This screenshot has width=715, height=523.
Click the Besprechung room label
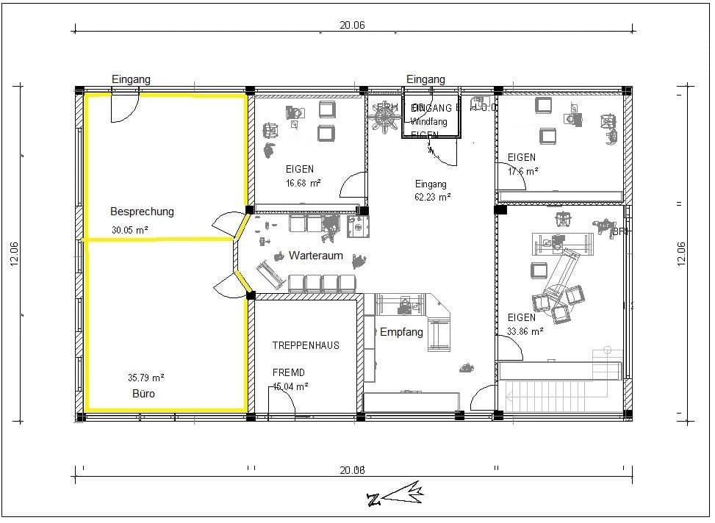coord(142,212)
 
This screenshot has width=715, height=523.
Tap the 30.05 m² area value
coord(129,229)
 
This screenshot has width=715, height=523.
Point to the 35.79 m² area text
coord(145,378)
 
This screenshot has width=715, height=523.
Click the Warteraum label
coord(316,256)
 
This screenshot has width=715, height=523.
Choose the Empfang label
coord(401,332)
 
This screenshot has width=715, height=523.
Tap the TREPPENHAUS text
coord(306,345)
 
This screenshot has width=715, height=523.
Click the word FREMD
coord(288,373)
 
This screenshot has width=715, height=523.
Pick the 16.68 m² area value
coord(303,183)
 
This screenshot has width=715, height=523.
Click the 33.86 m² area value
coord(525,331)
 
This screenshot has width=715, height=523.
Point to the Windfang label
coord(429,122)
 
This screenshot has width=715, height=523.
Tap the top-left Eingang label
coord(131,79)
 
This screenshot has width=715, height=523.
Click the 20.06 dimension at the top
coord(352,25)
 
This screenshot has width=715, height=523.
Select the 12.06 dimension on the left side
coord(15,254)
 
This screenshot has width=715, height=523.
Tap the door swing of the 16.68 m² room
coord(353,185)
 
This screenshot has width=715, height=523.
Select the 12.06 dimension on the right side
coord(681,254)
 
